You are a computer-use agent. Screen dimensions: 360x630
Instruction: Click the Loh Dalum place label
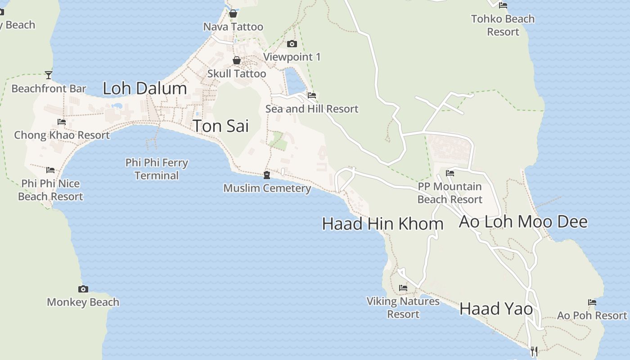click(144, 88)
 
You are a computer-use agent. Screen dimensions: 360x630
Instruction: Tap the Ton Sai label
click(220, 126)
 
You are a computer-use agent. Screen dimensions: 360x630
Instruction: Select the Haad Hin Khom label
click(382, 224)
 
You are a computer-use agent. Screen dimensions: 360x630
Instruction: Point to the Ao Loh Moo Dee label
click(523, 221)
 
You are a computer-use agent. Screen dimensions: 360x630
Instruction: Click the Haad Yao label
click(496, 309)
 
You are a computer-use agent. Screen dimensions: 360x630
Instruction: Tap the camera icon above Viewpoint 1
click(292, 44)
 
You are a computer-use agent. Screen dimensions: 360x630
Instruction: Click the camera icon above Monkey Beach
click(83, 289)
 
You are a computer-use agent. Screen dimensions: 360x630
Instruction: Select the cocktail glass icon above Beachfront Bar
click(49, 75)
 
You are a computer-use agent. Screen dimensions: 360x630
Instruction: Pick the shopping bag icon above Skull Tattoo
click(236, 60)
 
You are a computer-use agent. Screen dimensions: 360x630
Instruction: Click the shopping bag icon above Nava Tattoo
click(233, 13)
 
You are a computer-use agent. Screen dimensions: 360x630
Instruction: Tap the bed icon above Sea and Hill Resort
click(312, 95)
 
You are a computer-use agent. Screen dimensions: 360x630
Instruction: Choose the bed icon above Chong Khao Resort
click(62, 122)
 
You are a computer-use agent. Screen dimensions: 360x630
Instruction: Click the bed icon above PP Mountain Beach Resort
click(450, 173)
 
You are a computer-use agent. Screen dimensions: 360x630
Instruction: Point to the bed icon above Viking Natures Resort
click(403, 288)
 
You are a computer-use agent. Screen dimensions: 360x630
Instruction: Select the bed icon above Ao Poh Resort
click(592, 302)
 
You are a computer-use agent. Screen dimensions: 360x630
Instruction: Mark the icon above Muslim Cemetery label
click(267, 175)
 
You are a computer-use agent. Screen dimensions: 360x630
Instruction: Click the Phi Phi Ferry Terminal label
click(157, 169)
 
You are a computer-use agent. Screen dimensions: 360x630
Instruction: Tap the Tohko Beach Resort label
click(503, 25)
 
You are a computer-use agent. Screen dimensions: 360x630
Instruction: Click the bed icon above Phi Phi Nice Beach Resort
click(50, 170)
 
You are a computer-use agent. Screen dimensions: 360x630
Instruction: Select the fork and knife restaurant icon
click(534, 351)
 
